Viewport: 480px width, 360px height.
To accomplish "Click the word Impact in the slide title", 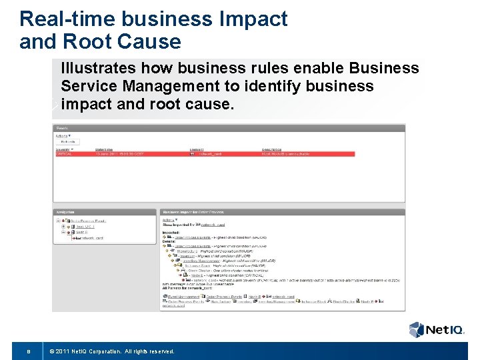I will [x=252, y=19].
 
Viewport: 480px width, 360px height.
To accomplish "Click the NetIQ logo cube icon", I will [x=417, y=329].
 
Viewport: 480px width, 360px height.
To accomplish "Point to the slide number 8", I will [x=27, y=351].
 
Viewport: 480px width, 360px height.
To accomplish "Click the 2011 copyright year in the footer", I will [x=64, y=351].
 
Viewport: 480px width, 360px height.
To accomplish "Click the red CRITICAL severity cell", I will [x=66, y=153].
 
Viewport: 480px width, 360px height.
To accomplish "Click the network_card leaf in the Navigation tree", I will [x=89, y=237].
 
